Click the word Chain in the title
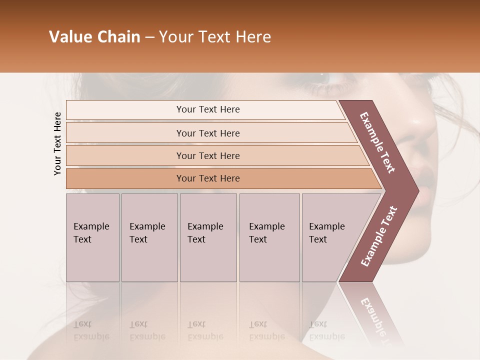[120, 37]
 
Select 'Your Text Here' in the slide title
[215, 37]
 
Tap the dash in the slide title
[149, 37]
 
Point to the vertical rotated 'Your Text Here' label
[57, 144]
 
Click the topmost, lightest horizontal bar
[208, 110]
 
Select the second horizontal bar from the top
[208, 133]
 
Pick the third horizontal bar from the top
[208, 156]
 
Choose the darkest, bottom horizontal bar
[208, 178]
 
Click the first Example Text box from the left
[92, 237]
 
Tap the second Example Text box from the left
[149, 237]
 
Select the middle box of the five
[208, 237]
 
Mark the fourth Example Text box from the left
[269, 237]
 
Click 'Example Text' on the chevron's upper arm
[377, 142]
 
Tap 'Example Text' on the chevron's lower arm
[378, 236]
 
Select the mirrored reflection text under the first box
[91, 330]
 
